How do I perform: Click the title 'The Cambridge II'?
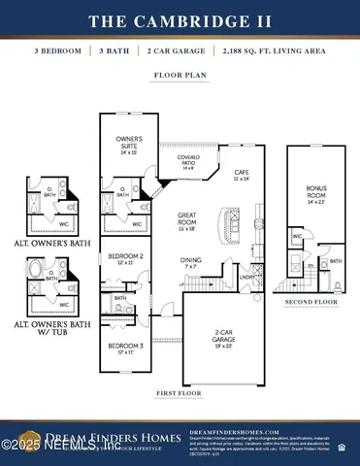point(180,20)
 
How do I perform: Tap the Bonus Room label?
point(316,194)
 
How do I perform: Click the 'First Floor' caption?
point(180,395)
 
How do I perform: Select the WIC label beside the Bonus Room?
point(297,236)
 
